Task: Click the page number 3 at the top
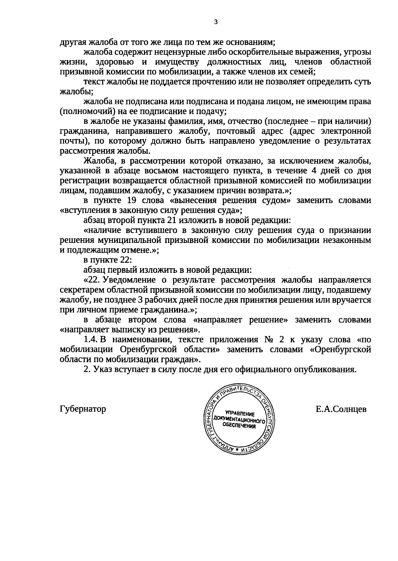click(216, 22)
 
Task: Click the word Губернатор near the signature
click(83, 409)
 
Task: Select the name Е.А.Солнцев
click(341, 409)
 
